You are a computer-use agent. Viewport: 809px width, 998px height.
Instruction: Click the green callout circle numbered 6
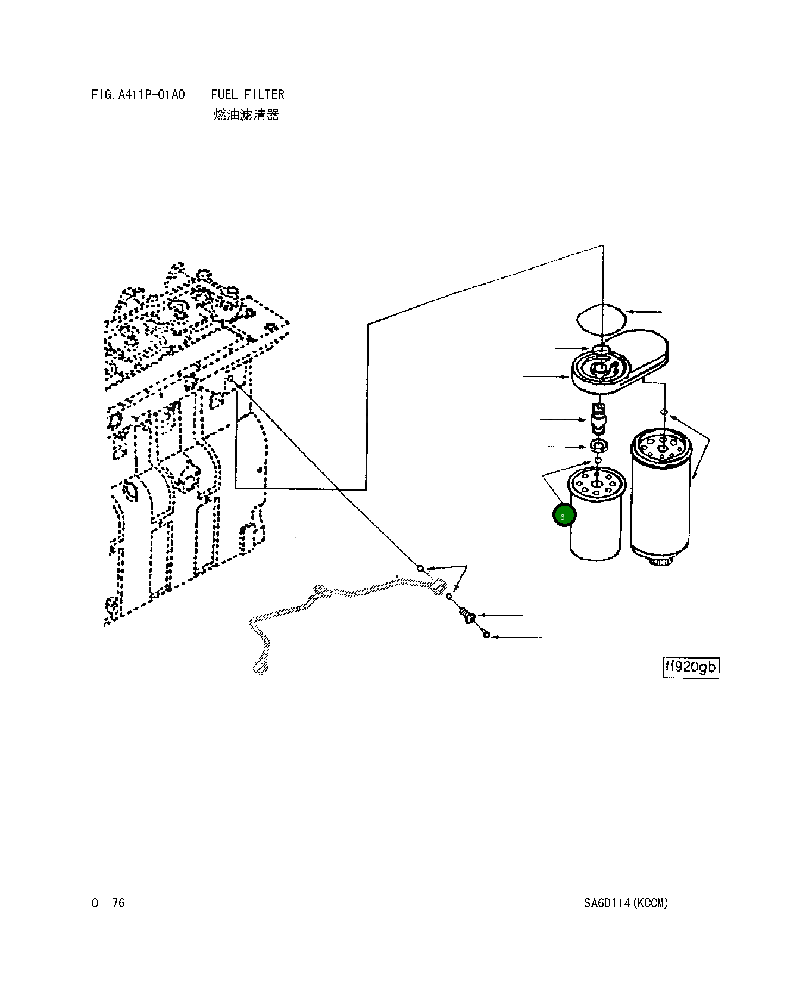pyautogui.click(x=563, y=516)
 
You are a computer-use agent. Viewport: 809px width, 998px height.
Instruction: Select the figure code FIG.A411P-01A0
pyautogui.click(x=138, y=95)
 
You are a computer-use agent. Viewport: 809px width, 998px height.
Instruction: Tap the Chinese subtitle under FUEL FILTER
pyautogui.click(x=246, y=115)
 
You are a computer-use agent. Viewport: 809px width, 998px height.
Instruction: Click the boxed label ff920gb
pyautogui.click(x=691, y=667)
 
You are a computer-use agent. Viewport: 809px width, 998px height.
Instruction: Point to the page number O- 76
pyautogui.click(x=108, y=903)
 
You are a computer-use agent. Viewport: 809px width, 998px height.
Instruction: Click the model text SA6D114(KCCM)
pyautogui.click(x=626, y=903)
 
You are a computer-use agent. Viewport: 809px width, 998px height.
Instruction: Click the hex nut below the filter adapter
pyautogui.click(x=598, y=445)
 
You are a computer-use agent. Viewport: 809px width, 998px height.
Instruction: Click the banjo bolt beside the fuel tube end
pyautogui.click(x=466, y=616)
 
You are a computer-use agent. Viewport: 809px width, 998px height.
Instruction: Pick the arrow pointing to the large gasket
pyautogui.click(x=645, y=311)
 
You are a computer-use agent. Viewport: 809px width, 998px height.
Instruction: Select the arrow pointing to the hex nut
pyautogui.click(x=567, y=446)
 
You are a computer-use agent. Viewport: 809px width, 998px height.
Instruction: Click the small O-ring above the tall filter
pyautogui.click(x=664, y=413)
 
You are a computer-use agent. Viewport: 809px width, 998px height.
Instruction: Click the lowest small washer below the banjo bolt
pyautogui.click(x=486, y=635)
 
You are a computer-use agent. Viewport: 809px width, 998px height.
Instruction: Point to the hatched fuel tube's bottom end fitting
pyautogui.click(x=260, y=667)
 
